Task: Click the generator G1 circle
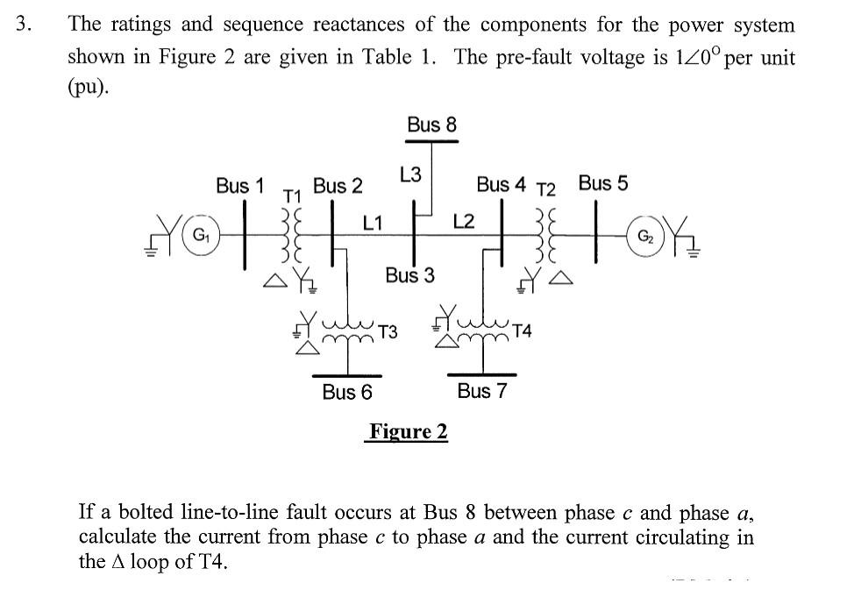201,235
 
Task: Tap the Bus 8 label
431,125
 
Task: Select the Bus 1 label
240,186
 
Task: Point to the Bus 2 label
338,186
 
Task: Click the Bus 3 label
409,275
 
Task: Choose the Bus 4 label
501,184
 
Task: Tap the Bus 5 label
603,184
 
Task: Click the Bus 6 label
346,392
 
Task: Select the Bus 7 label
481,391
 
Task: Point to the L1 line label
373,224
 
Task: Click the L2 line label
464,222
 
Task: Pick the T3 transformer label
386,332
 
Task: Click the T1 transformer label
292,194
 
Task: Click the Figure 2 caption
408,432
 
